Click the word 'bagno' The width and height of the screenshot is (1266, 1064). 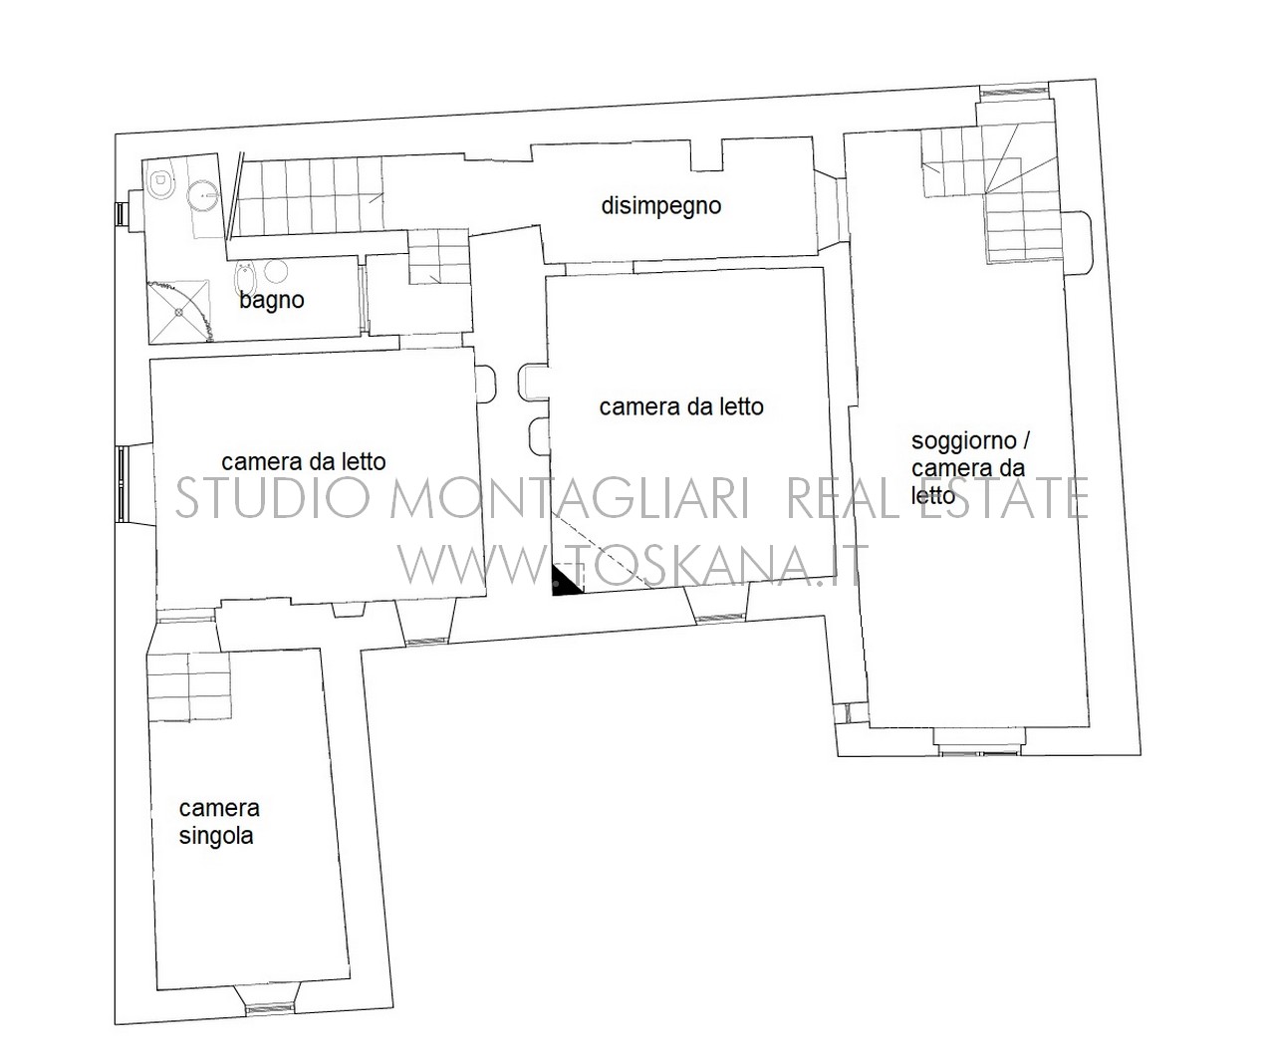pos(272,300)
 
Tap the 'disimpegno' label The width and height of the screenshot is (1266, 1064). pos(661,205)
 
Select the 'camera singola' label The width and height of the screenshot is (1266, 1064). pos(219,822)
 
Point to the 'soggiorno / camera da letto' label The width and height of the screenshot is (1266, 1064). pos(970,467)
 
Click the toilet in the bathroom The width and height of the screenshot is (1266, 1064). pos(160,180)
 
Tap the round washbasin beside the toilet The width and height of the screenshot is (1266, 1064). pos(201,196)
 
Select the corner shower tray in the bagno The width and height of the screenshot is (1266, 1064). pos(180,311)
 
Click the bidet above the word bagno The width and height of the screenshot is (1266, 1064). pos(244,278)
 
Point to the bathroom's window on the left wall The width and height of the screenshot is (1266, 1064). pos(121,212)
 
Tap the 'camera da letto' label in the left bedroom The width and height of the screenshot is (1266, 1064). pos(304,462)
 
